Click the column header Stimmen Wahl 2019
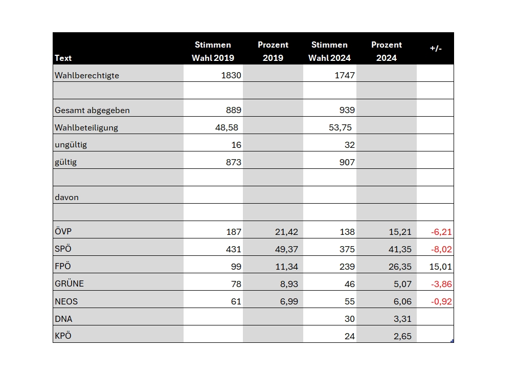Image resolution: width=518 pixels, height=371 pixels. [213, 51]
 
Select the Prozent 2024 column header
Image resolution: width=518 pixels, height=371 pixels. [387, 51]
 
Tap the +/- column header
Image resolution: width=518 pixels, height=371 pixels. [436, 48]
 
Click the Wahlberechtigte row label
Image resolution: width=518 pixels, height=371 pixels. [87, 75]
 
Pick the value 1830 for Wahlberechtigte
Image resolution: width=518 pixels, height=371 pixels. [231, 75]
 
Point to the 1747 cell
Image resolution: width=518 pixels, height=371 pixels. [345, 75]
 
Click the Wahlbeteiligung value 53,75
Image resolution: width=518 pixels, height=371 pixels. [340, 127]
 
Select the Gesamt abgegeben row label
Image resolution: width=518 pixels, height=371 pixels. [92, 111]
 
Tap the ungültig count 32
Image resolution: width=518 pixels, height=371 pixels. [350, 145]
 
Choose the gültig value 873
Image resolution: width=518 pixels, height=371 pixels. [234, 162]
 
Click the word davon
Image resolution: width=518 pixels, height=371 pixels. [67, 198]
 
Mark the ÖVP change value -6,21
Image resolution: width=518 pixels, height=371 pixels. [441, 232]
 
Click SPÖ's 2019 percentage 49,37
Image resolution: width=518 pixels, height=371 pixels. [287, 249]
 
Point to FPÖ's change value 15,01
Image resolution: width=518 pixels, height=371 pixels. [440, 267]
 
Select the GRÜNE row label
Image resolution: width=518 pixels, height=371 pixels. [70, 283]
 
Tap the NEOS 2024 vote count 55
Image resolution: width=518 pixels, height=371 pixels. [350, 301]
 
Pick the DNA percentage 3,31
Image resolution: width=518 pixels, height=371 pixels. [402, 319]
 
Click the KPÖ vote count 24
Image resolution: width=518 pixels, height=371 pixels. [350, 336]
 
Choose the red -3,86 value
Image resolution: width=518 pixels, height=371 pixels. [441, 284]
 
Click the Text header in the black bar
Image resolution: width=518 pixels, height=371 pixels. [63, 58]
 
